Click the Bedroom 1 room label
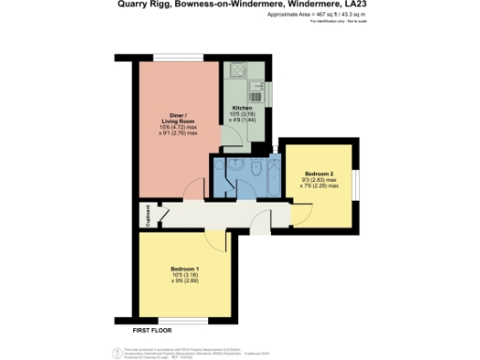click(184, 270)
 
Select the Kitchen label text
click(242, 108)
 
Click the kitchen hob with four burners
click(236, 72)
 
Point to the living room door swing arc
click(191, 191)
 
